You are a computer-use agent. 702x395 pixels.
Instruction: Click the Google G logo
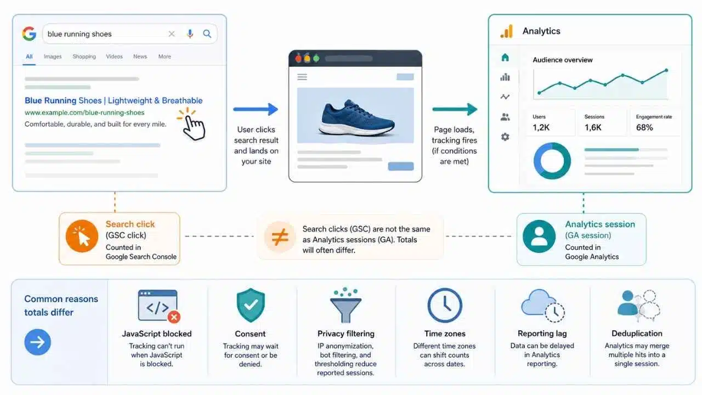tap(29, 33)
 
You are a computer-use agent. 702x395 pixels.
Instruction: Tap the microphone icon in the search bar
tap(190, 33)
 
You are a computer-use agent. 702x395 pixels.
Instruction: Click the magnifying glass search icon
tap(207, 33)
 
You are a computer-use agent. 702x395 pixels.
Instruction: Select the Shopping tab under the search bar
tap(84, 57)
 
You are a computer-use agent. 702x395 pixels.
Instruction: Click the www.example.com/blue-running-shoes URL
tap(84, 112)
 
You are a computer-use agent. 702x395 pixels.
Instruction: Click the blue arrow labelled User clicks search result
tap(256, 109)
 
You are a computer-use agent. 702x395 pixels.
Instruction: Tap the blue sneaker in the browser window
tap(356, 118)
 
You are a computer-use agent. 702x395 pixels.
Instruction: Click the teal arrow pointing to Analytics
tap(455, 109)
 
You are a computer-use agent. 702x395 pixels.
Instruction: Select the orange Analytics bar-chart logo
tap(507, 31)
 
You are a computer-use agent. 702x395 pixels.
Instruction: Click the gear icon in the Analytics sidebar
tap(505, 137)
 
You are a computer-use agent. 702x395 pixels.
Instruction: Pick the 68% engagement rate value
tap(644, 127)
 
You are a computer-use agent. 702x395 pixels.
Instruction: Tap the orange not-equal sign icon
tap(280, 236)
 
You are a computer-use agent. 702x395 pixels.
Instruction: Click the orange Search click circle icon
tap(82, 236)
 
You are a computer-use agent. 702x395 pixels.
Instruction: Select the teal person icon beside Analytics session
tap(539, 236)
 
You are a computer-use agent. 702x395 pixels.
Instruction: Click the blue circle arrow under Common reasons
tap(38, 342)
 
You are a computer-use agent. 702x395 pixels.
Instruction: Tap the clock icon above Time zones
tap(445, 305)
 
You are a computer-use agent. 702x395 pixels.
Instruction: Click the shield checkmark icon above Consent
tap(251, 305)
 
